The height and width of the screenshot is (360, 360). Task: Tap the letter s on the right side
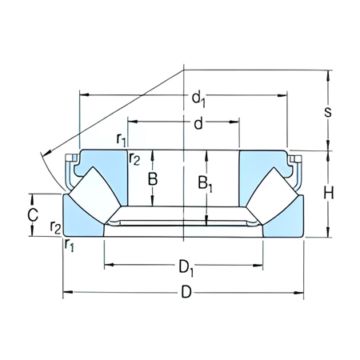coord(327,111)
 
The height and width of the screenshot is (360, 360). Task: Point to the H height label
coord(327,193)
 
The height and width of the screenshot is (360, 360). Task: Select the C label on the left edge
coord(33,214)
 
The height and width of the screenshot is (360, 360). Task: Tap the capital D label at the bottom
coord(186,293)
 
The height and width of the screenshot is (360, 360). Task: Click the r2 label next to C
coord(55,229)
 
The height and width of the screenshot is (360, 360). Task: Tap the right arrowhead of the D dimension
coord(302,293)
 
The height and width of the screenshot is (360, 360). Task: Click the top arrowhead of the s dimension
coord(327,74)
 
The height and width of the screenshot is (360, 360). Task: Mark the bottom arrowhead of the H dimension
coord(327,234)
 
